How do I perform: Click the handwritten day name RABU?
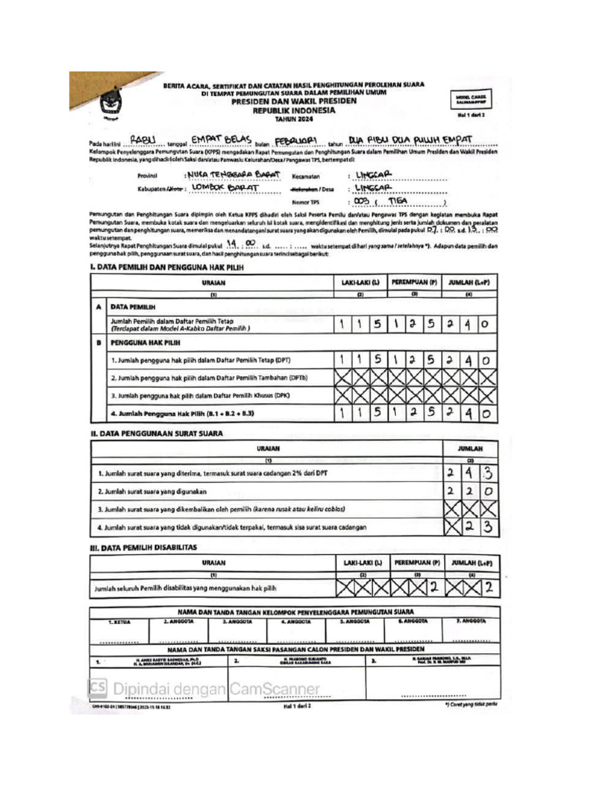tap(143, 140)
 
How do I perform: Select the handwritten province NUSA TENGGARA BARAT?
tap(233, 175)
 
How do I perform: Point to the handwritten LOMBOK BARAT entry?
tap(225, 187)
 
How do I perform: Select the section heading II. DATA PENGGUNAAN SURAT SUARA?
tap(157, 433)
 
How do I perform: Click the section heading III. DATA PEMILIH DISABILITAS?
tap(144, 547)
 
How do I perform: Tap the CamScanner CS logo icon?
tap(99, 687)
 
